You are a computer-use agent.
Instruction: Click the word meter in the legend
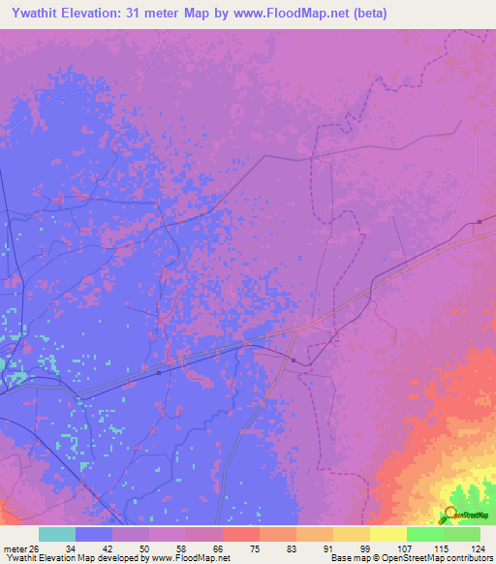[16, 548]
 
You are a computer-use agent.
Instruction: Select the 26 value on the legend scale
[37, 548]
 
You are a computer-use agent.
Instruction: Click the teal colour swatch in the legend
[57, 534]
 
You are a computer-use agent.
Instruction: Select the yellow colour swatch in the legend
[387, 534]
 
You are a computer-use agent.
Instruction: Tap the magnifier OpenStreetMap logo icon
[449, 516]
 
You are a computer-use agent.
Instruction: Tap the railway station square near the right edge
[480, 222]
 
